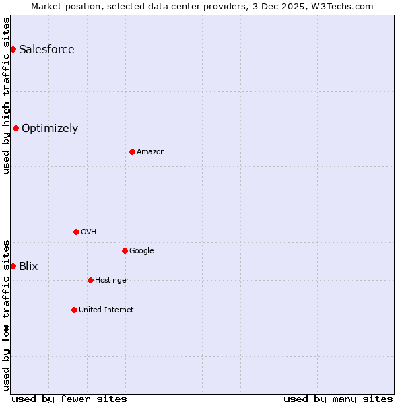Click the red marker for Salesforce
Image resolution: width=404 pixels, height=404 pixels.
(x=13, y=49)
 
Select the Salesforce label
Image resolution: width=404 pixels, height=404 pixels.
(x=46, y=49)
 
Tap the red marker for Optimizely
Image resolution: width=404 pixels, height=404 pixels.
(x=15, y=128)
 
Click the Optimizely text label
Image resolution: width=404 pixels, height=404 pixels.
(x=50, y=128)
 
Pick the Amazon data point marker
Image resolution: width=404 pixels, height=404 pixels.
(x=132, y=151)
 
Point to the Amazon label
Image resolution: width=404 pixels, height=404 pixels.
(x=150, y=151)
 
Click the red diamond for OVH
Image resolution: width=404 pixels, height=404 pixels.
(x=76, y=232)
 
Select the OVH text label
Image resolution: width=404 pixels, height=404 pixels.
(x=88, y=232)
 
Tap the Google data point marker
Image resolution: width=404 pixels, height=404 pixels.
(x=125, y=250)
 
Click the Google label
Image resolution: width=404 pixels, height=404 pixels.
(x=141, y=250)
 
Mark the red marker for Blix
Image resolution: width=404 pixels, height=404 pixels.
(x=13, y=266)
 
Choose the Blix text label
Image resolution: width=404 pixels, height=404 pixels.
(x=28, y=266)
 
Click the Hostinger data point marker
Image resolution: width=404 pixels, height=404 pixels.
(x=90, y=280)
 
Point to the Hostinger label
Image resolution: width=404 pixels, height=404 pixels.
(x=112, y=280)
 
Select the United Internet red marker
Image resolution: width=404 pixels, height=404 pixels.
(x=74, y=310)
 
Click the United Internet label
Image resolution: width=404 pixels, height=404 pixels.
(x=106, y=310)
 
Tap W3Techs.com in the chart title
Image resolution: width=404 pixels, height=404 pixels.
(x=348, y=6)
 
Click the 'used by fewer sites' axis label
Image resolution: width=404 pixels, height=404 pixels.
(x=69, y=399)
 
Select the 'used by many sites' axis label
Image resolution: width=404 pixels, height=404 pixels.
(x=338, y=399)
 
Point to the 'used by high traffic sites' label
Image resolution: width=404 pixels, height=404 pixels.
(x=6, y=96)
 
